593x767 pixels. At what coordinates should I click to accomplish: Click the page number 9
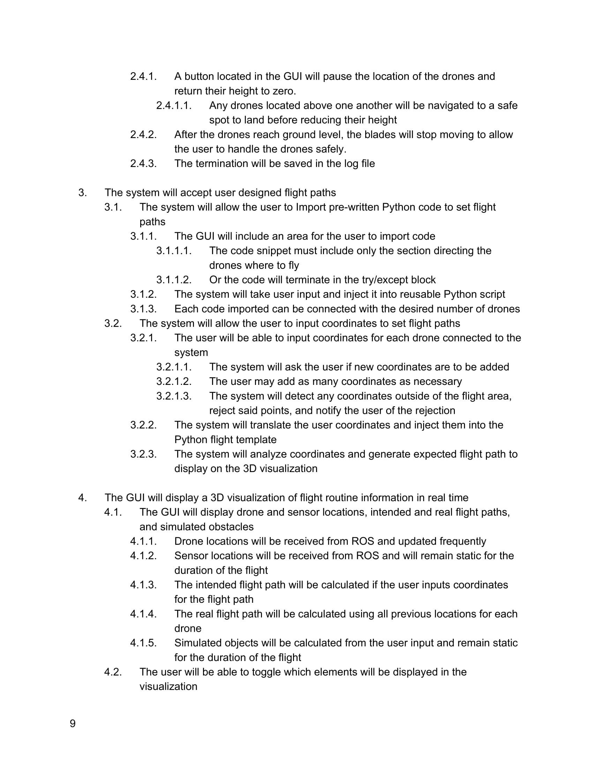coord(73,723)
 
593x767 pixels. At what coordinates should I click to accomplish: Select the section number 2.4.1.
coord(143,76)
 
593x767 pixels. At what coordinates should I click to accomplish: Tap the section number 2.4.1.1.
coord(174,105)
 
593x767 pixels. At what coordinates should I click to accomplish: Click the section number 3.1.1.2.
coord(174,280)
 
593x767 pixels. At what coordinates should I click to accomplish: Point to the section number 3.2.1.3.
coord(174,396)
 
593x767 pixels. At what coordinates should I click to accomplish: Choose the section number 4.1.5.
coord(143,643)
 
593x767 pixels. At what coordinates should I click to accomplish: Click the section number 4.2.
coord(113,672)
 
